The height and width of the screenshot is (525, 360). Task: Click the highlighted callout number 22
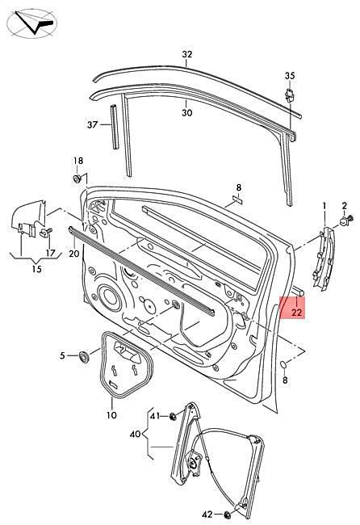click(x=297, y=313)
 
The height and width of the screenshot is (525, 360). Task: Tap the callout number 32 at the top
click(x=187, y=54)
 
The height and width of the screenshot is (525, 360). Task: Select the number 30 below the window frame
click(x=187, y=113)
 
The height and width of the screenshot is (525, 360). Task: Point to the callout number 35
click(x=290, y=76)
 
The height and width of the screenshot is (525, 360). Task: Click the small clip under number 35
click(x=290, y=95)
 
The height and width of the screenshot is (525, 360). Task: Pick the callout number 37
click(x=92, y=125)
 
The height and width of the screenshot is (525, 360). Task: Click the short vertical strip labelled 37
click(x=115, y=127)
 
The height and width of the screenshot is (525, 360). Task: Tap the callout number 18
click(x=78, y=161)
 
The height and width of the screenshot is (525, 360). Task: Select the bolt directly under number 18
click(x=77, y=178)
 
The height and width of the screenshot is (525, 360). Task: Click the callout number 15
click(x=37, y=269)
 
